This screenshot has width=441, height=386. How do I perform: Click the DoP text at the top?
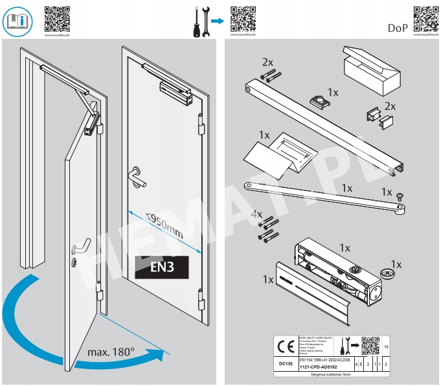(398, 28)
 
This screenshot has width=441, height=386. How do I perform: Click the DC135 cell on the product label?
(281, 365)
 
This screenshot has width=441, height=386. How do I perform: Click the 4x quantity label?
(256, 214)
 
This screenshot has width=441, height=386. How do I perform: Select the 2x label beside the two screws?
(267, 62)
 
